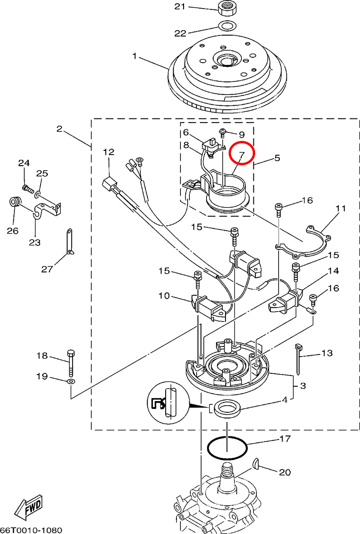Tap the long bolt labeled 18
71,362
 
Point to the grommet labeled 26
15,202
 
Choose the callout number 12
108,152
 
